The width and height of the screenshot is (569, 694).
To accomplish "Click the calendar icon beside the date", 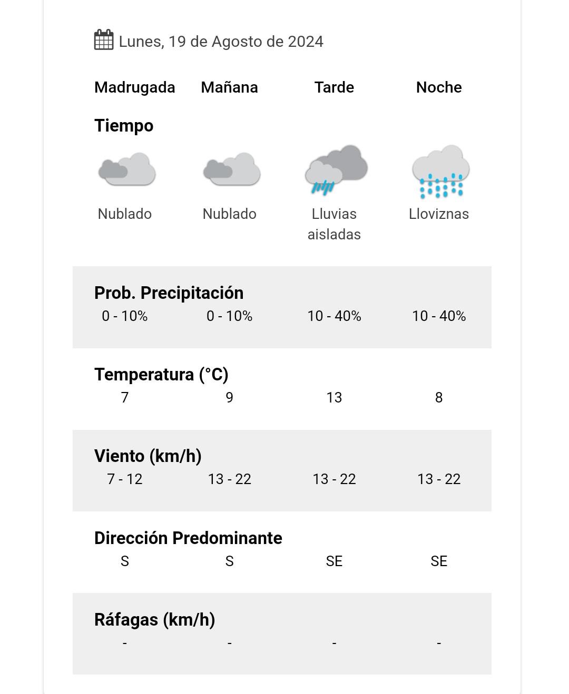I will coord(104,41).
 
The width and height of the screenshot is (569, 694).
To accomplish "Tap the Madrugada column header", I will coord(134,87).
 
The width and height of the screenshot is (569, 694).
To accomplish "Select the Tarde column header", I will coord(334,87).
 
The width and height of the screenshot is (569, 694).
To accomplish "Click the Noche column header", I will coord(439,87).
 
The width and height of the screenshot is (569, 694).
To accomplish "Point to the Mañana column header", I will coord(229,87).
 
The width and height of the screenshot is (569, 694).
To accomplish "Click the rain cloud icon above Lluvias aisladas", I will coord(336,169).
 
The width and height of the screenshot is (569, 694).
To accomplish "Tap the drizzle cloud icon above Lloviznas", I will coord(440,172).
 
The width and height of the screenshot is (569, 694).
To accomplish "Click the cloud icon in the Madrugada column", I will coord(126,169).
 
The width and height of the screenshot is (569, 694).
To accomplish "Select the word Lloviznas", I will coord(439,214).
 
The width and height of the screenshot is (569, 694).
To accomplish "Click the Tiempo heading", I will coord(124,126).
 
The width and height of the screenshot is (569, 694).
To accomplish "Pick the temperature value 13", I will coord(334,398).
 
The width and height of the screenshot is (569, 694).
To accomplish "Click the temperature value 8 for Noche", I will coord(439,398).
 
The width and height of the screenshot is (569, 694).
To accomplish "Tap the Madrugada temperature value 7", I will coord(125,398).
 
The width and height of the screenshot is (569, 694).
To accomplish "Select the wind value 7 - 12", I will coord(125,479).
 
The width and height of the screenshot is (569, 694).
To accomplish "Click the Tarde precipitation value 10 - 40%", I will coord(334,316).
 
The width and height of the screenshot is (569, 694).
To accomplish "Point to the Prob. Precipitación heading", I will coord(169,293).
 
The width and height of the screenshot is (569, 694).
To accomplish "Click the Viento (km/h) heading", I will coord(148,456).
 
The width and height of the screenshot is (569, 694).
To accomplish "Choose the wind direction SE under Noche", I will coord(439,561).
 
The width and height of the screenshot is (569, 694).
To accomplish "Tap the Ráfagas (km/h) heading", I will coord(154,620).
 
